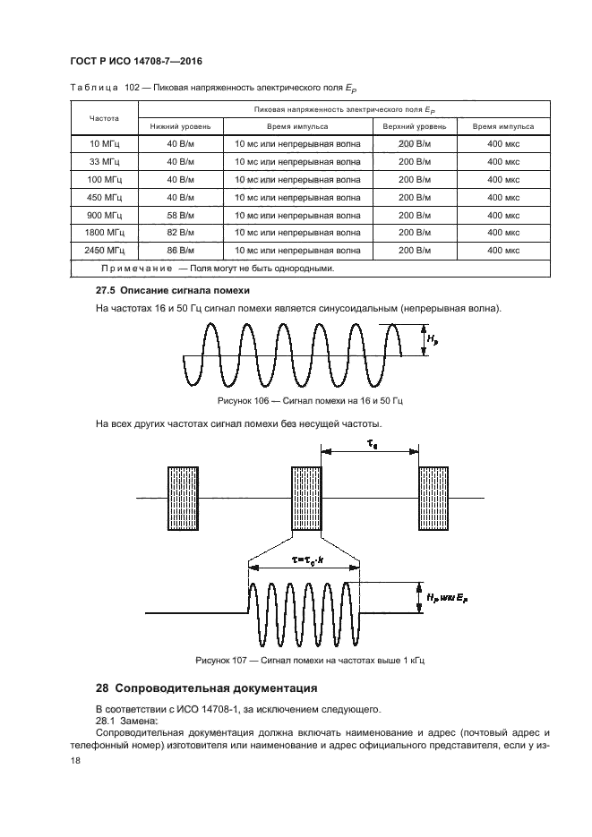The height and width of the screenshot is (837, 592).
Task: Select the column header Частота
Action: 103,118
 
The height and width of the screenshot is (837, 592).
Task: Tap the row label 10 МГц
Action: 103,144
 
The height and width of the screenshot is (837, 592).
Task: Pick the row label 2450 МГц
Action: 103,251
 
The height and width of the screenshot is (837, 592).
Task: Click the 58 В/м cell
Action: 180,215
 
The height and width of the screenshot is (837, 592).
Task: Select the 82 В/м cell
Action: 180,233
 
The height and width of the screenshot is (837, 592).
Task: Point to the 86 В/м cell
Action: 180,251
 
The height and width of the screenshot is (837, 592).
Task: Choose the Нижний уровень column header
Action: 180,127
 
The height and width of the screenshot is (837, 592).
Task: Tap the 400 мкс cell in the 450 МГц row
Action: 503,197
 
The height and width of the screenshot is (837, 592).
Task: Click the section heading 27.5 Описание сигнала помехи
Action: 172,292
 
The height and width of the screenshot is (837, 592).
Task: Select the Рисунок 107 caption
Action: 309,661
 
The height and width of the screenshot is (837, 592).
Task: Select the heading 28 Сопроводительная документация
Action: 206,689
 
